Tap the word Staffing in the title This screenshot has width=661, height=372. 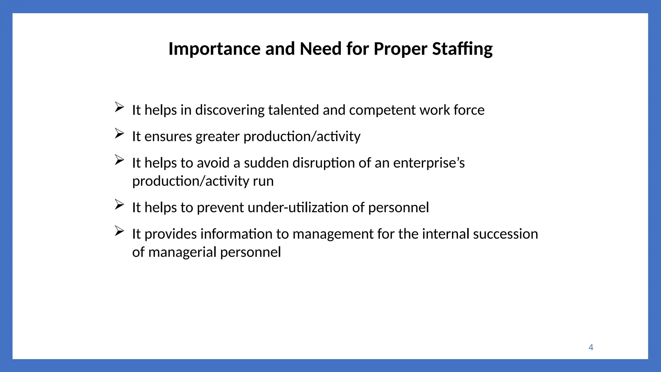462,49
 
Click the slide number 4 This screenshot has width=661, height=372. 591,347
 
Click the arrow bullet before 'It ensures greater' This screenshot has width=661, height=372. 119,133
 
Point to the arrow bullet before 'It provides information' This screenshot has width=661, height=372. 119,231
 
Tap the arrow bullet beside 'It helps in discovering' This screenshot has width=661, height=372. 119,107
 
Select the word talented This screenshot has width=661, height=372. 293,110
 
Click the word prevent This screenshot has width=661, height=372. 220,208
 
